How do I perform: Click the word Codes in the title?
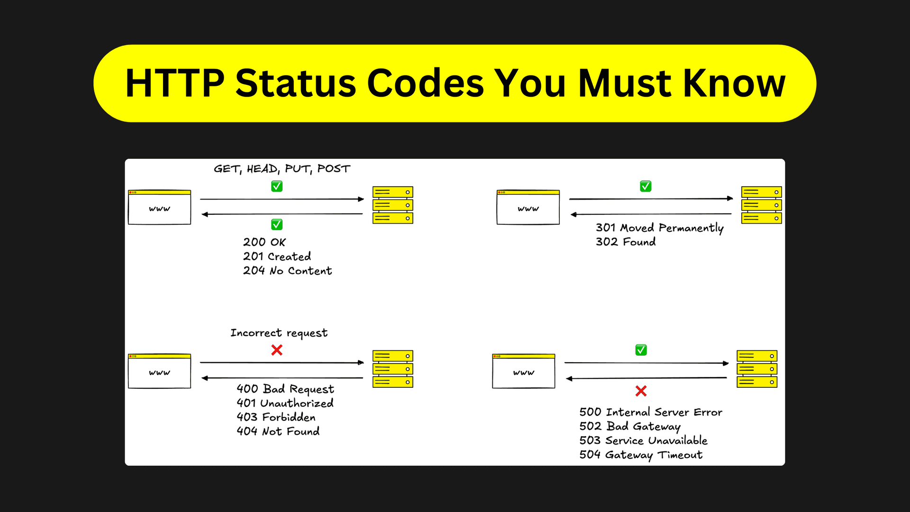(x=425, y=83)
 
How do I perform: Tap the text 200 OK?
(x=264, y=242)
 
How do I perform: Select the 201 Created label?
(x=277, y=256)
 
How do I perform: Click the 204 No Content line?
(x=287, y=271)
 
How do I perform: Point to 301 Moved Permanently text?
(x=659, y=228)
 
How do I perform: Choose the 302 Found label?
(x=626, y=242)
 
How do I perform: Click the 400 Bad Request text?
(x=285, y=389)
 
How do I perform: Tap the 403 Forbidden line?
(x=276, y=417)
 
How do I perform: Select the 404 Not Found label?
(x=278, y=431)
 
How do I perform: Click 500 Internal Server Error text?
(x=650, y=412)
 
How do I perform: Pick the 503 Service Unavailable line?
(x=643, y=440)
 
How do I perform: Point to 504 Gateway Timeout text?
(x=641, y=455)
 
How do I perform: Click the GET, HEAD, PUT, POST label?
(x=282, y=169)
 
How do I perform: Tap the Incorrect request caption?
(x=279, y=333)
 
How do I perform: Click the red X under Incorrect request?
(x=277, y=350)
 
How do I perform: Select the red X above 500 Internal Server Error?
(x=641, y=391)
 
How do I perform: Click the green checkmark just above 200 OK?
(x=277, y=224)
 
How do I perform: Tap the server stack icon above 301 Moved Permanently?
(x=761, y=205)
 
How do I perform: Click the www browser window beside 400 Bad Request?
(x=159, y=371)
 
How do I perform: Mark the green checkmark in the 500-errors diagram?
(x=641, y=350)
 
